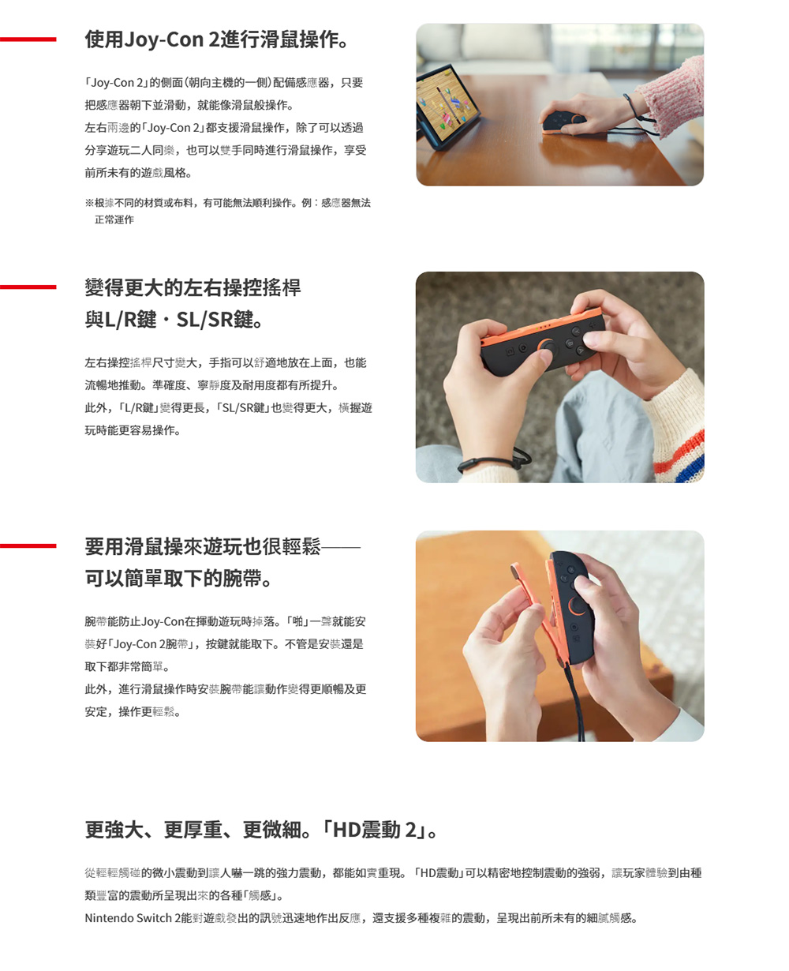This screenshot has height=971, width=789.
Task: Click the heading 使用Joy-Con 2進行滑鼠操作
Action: [216, 39]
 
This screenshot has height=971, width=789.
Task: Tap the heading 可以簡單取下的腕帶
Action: [180, 579]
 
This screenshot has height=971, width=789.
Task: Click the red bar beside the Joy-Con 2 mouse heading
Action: [28, 39]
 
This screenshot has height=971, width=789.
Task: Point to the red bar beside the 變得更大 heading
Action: [28, 287]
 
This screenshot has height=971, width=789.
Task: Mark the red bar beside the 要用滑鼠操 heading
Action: [28, 545]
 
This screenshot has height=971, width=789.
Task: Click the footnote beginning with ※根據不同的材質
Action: [227, 204]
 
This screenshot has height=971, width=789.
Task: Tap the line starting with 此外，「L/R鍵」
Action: [228, 408]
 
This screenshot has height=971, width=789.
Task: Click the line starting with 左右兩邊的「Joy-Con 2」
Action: [224, 128]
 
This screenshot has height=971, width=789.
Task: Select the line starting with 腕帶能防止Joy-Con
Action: [225, 621]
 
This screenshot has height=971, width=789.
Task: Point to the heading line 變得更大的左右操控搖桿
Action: [193, 287]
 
